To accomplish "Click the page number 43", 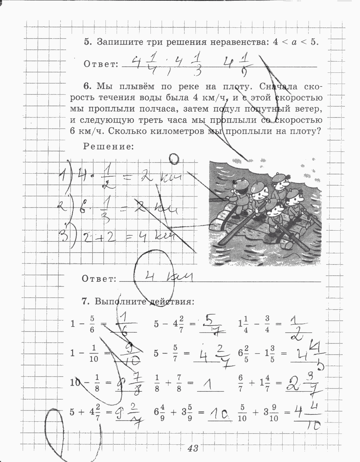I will point(193,448).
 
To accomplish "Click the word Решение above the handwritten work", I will point(108,147).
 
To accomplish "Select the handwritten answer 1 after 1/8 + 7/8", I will point(210,387).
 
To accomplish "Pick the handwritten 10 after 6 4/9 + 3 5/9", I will point(220,417).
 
